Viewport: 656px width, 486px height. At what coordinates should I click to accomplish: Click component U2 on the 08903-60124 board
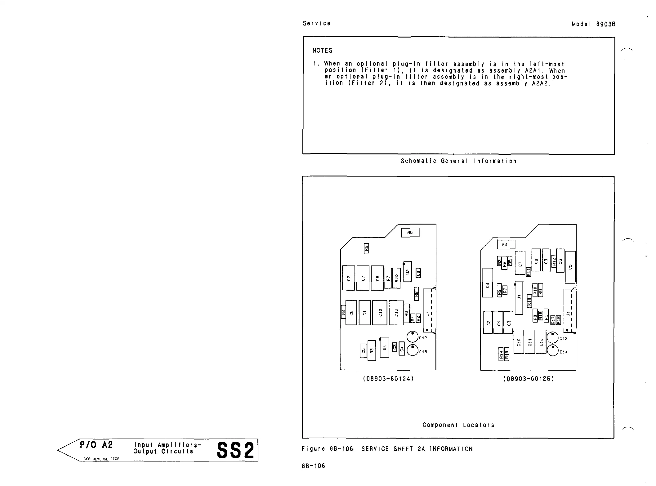pyautogui.click(x=408, y=272)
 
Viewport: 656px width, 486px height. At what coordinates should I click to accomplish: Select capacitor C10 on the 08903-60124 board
pyautogui.click(x=380, y=313)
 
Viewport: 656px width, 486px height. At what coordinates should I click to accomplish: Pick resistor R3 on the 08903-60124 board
pyautogui.click(x=372, y=350)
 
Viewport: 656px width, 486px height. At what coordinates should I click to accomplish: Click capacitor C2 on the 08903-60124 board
pyautogui.click(x=348, y=278)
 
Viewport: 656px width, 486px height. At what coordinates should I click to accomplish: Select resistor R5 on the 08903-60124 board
pyautogui.click(x=366, y=248)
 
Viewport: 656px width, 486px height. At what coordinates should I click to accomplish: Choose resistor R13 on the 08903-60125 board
pyautogui.click(x=529, y=301)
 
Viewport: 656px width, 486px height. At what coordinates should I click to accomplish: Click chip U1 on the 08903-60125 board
pyautogui.click(x=519, y=297)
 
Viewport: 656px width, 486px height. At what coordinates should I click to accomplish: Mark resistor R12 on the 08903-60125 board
pyautogui.click(x=554, y=262)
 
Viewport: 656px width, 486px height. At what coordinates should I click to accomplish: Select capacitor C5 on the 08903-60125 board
pyautogui.click(x=570, y=267)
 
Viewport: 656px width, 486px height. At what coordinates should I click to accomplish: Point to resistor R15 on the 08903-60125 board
pyautogui.click(x=507, y=354)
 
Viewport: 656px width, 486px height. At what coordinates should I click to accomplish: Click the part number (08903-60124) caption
pyautogui.click(x=388, y=379)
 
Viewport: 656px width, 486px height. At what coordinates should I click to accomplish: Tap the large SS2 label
pyautogui.click(x=235, y=450)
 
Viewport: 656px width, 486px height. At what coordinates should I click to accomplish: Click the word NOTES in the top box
pyautogui.click(x=322, y=51)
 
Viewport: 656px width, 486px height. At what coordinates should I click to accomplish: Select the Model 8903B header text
pyautogui.click(x=593, y=24)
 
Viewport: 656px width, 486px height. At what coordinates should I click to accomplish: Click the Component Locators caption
pyautogui.click(x=458, y=425)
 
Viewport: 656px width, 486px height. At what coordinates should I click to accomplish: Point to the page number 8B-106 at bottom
pyautogui.click(x=313, y=466)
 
